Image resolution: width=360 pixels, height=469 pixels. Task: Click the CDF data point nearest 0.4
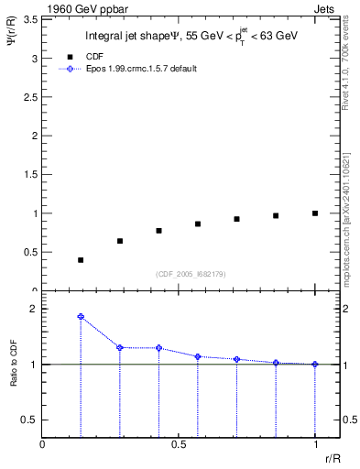point(81,260)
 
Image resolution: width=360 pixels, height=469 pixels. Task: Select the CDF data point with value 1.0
point(315,213)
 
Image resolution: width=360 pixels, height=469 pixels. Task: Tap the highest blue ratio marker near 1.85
point(81,317)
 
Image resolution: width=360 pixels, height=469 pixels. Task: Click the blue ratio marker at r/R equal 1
point(315,364)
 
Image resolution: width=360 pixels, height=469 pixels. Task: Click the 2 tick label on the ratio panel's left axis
point(34,310)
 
